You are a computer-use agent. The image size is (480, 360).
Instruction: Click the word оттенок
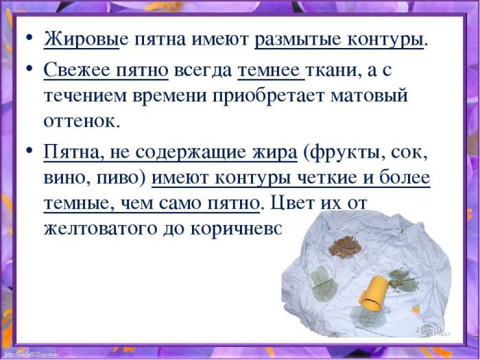tap(82, 121)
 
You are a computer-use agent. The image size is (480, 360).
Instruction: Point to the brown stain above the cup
tap(344, 245)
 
